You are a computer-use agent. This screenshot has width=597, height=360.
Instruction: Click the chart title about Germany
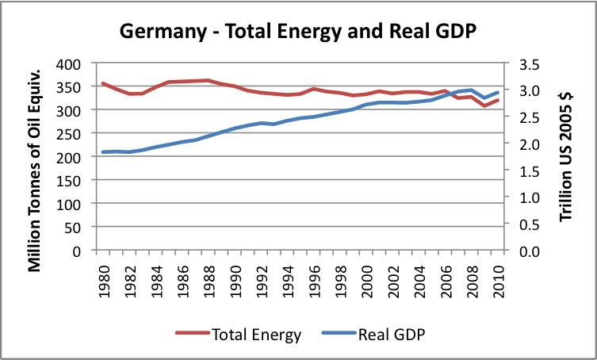298,31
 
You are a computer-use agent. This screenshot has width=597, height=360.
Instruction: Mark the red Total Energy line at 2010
499,99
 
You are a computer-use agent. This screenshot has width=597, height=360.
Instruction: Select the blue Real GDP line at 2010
499,92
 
